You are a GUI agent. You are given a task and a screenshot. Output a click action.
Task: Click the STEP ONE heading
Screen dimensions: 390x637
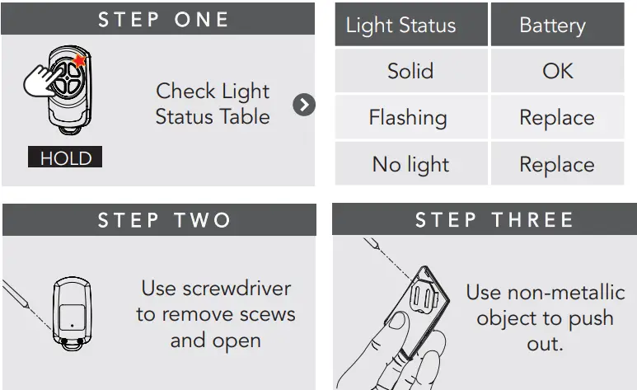163,19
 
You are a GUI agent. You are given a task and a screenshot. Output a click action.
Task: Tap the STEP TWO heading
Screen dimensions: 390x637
163,221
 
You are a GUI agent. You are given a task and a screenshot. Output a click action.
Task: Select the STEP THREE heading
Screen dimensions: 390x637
494,220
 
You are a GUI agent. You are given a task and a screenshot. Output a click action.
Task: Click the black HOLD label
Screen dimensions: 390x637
65,157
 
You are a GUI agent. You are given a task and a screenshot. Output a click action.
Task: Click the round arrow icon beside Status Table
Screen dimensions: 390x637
304,105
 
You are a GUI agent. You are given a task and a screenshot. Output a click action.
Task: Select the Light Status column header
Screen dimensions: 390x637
400,26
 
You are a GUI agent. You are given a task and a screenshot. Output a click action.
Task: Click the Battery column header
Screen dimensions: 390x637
552,26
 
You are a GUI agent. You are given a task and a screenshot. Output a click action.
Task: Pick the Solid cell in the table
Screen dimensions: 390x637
410,71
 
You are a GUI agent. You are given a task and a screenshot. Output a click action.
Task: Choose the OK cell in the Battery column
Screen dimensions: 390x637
557,71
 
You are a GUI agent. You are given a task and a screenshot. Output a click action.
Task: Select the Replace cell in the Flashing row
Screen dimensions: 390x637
556,118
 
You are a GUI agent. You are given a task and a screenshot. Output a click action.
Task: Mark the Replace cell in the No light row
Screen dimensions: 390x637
556,165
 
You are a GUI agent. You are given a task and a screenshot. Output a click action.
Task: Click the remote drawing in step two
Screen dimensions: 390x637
72,312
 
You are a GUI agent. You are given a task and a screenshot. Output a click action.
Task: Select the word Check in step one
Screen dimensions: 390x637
187,91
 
